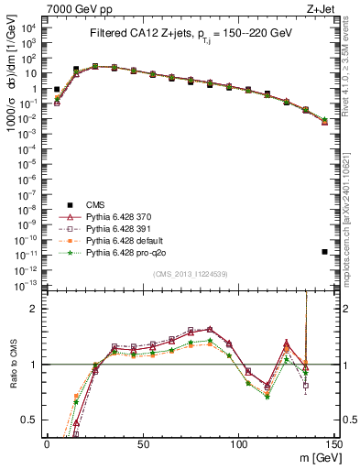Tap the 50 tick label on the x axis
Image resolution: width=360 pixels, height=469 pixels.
143,444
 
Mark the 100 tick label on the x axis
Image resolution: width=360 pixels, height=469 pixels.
239,444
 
